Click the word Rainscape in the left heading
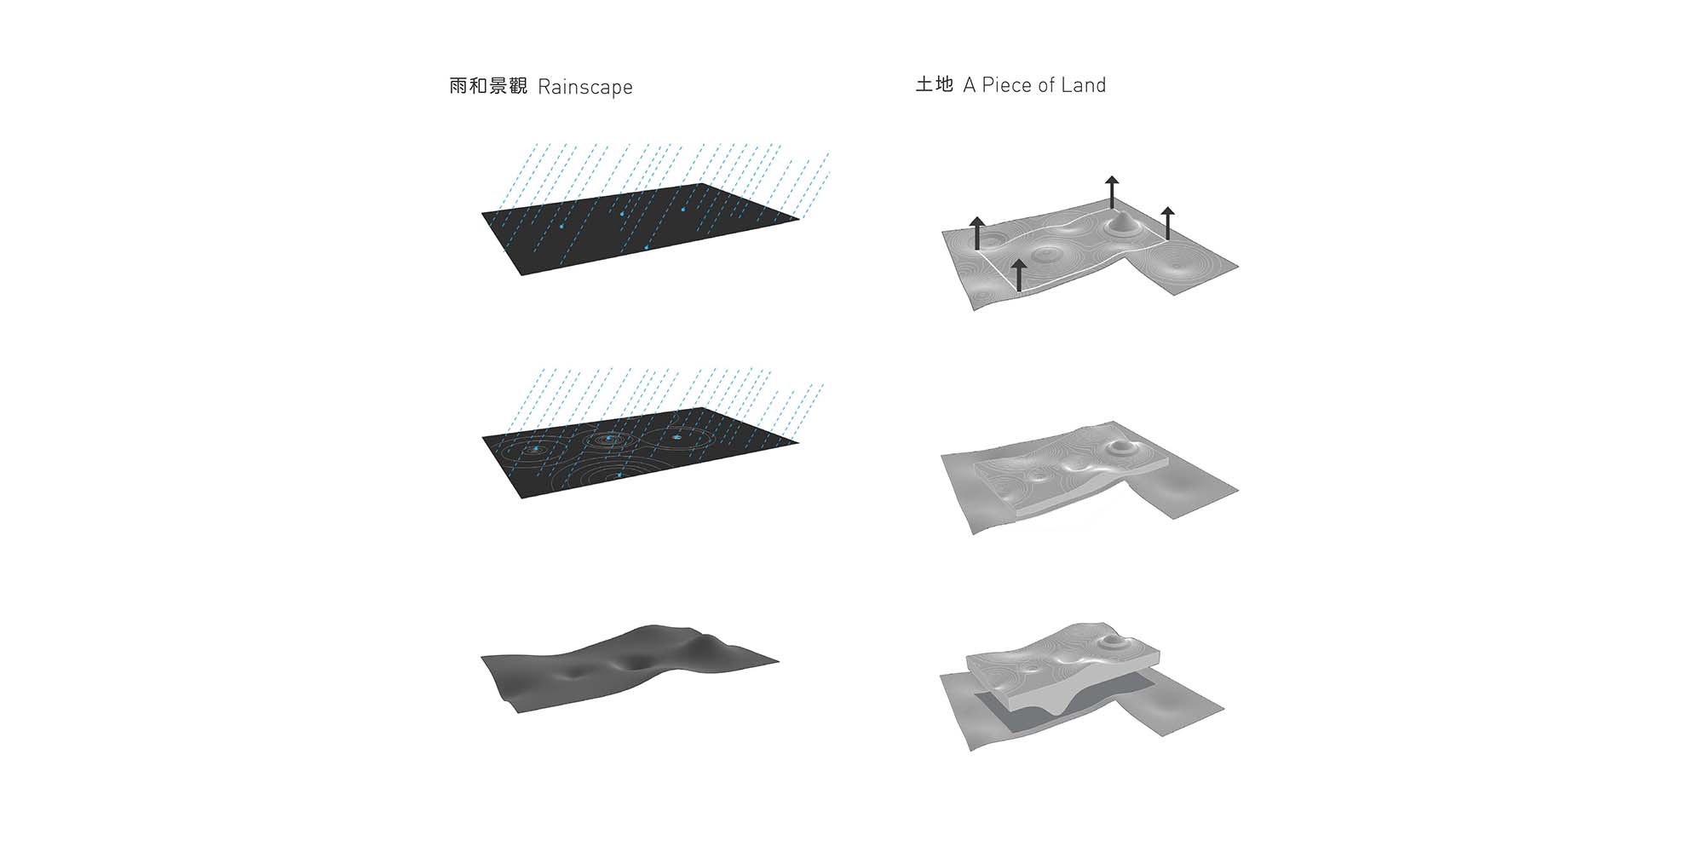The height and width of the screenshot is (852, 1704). click(585, 87)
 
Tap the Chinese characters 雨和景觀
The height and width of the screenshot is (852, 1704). click(489, 86)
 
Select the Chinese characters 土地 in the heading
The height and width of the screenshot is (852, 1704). click(934, 84)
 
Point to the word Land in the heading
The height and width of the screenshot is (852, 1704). click(1083, 85)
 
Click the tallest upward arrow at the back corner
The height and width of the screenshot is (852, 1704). click(1112, 193)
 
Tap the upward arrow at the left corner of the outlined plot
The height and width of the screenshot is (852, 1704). click(976, 233)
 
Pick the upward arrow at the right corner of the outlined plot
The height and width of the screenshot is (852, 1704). click(1167, 222)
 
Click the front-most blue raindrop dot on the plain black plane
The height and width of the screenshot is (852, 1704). click(647, 247)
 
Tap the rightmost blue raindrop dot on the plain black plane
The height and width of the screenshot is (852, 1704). click(683, 209)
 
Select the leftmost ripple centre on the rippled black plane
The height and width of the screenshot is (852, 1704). click(535, 448)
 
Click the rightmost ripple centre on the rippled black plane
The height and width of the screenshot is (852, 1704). click(676, 437)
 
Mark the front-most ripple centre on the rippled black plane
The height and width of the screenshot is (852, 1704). click(619, 474)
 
